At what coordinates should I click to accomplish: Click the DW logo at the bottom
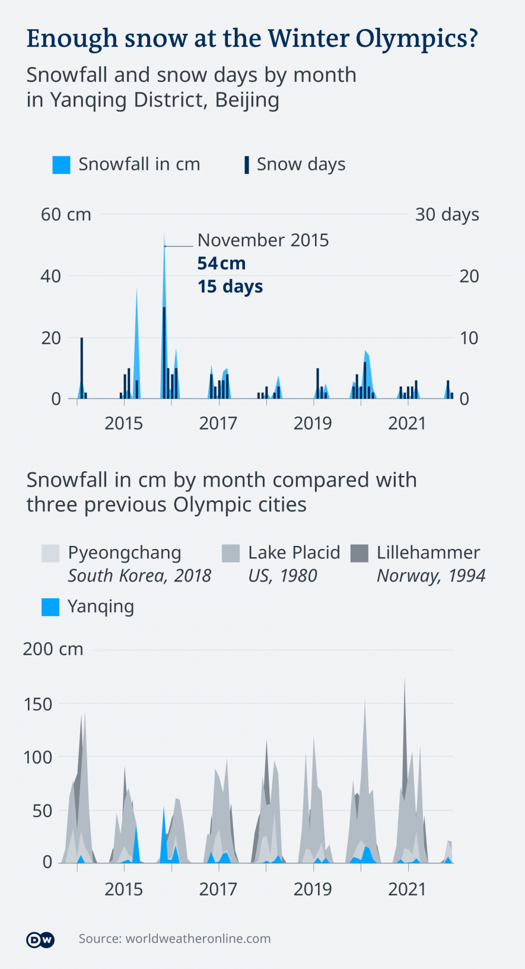[40, 939]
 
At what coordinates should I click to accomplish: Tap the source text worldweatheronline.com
[174, 939]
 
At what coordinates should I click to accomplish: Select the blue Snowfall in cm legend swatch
[61, 164]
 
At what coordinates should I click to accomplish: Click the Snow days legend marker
[246, 164]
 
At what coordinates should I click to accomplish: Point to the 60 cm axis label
[66, 214]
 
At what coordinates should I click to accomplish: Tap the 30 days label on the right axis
[447, 214]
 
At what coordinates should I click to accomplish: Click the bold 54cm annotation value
[221, 263]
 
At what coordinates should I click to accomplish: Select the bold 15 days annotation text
[230, 287]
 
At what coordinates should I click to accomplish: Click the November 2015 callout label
[263, 240]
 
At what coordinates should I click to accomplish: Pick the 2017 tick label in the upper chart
[218, 424]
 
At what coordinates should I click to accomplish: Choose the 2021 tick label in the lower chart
[407, 889]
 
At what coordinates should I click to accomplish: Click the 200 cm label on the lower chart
[53, 649]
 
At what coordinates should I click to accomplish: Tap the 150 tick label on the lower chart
[38, 704]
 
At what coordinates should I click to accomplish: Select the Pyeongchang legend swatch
[50, 553]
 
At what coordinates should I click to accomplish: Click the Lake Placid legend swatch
[231, 553]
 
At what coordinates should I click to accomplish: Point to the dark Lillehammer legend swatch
[359, 553]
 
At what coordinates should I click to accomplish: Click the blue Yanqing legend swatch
[50, 607]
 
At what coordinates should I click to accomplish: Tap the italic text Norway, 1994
[431, 576]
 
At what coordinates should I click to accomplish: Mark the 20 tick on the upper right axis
[469, 276]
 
